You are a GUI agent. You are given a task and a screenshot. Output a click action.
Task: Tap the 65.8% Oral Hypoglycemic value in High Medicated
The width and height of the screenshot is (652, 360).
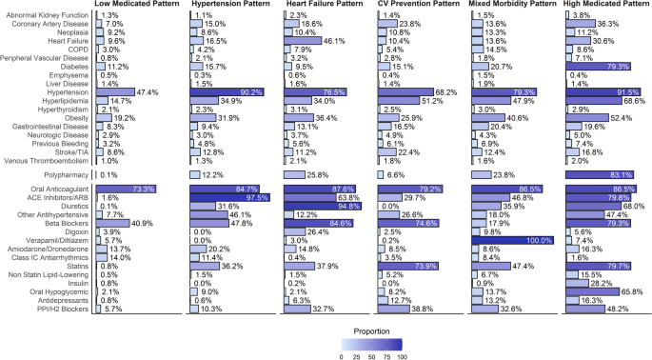(630, 291)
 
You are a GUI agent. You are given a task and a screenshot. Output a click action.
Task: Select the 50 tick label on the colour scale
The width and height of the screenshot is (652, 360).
(371, 354)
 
